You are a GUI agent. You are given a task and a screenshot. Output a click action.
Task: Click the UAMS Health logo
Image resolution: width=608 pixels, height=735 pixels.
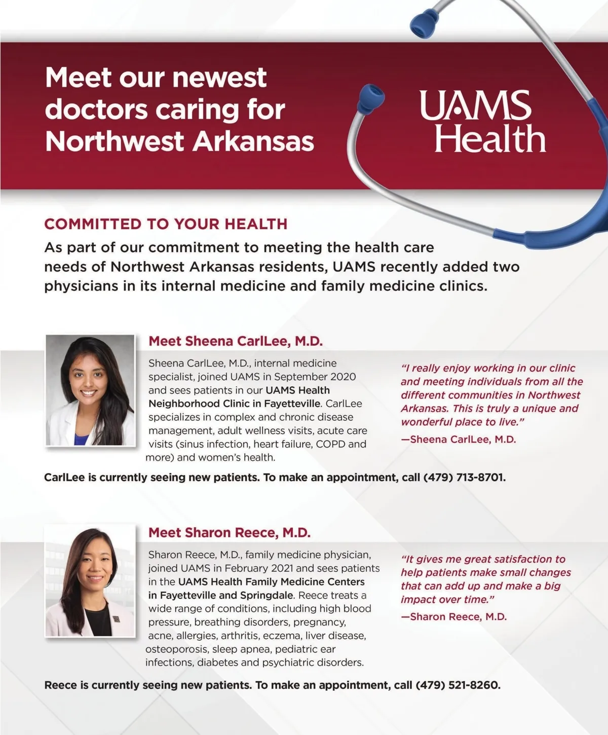coord(481,122)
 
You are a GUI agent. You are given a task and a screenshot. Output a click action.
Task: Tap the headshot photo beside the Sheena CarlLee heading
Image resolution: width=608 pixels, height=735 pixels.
coord(91,390)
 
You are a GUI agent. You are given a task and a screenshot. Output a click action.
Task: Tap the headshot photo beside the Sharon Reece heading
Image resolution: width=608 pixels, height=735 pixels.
coord(90,581)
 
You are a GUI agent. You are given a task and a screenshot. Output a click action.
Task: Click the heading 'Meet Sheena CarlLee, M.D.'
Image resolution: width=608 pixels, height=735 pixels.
coord(235,341)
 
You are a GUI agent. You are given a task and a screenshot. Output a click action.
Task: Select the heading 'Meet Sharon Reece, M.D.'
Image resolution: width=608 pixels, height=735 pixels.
coord(229,533)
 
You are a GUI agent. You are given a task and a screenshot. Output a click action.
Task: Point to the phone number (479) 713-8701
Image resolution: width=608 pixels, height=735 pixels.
coord(464,477)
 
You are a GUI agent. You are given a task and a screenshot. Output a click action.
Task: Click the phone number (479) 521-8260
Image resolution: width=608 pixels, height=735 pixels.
coord(458,685)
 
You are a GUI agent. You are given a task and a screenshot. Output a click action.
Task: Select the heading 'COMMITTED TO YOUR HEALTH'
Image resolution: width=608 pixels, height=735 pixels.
coord(166,224)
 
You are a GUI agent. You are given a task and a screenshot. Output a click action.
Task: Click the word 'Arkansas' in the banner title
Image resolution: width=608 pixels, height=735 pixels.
coord(254,141)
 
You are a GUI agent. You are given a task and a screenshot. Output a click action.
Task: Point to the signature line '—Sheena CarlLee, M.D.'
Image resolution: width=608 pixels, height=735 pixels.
coord(458,439)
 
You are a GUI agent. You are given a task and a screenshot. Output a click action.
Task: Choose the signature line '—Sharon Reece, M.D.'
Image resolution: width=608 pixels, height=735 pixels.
coord(453,617)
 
